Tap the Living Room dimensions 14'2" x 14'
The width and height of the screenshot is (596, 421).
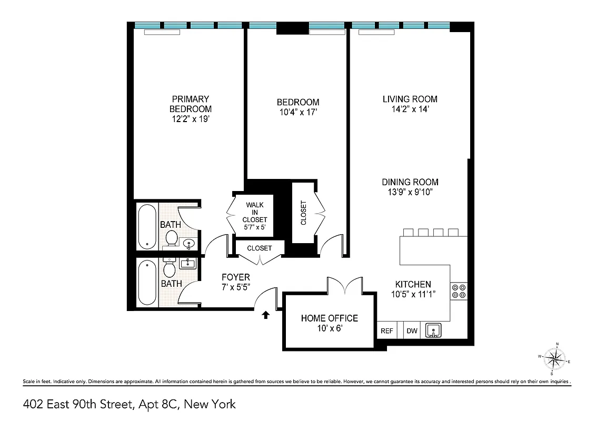click(410, 109)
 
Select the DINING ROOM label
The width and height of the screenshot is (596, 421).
click(410, 182)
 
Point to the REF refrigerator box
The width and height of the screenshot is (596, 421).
click(386, 331)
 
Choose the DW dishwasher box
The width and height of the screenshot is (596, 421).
click(411, 331)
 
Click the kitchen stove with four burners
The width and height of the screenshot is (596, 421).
click(458, 291)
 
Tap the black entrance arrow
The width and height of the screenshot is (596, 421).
click(266, 315)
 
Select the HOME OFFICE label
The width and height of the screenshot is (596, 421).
click(329, 318)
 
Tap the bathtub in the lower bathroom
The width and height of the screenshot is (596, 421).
click(147, 283)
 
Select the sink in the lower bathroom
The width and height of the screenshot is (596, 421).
click(187, 263)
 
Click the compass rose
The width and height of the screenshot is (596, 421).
click(553, 359)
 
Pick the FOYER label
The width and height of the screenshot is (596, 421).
click(235, 277)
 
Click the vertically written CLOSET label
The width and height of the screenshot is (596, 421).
click(303, 213)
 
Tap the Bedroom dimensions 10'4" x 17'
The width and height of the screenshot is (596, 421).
click(298, 112)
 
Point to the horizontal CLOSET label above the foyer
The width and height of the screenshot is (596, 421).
click(260, 248)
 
